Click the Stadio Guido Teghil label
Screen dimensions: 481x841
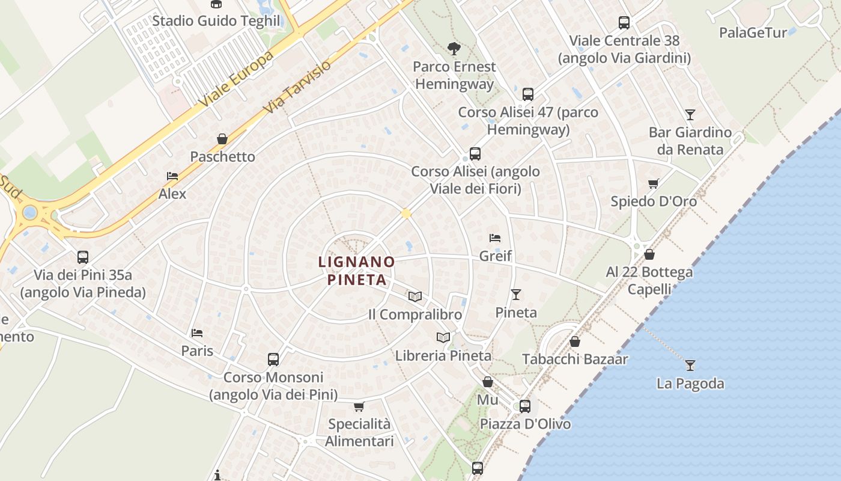(216, 21)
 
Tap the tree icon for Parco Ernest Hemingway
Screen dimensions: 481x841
(454, 48)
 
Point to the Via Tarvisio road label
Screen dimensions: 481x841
(297, 87)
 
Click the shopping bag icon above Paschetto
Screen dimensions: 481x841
(222, 139)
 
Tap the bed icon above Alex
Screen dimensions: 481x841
(172, 176)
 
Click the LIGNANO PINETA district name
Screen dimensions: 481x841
(356, 271)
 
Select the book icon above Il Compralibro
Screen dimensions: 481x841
(414, 296)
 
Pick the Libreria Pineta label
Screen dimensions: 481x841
(443, 355)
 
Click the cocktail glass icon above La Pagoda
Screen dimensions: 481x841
(690, 365)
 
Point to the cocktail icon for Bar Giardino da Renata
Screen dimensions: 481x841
(690, 114)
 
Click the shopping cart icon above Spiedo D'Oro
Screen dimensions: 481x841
(654, 183)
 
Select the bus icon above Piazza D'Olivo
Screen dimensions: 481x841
(525, 406)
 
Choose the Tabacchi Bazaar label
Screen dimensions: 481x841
(575, 360)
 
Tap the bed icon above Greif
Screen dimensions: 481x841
(495, 238)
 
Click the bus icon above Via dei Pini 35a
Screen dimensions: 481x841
(83, 257)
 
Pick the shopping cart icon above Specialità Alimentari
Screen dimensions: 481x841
(359, 406)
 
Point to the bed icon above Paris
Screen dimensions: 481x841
(197, 332)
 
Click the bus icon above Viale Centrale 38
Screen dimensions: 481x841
(624, 23)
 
